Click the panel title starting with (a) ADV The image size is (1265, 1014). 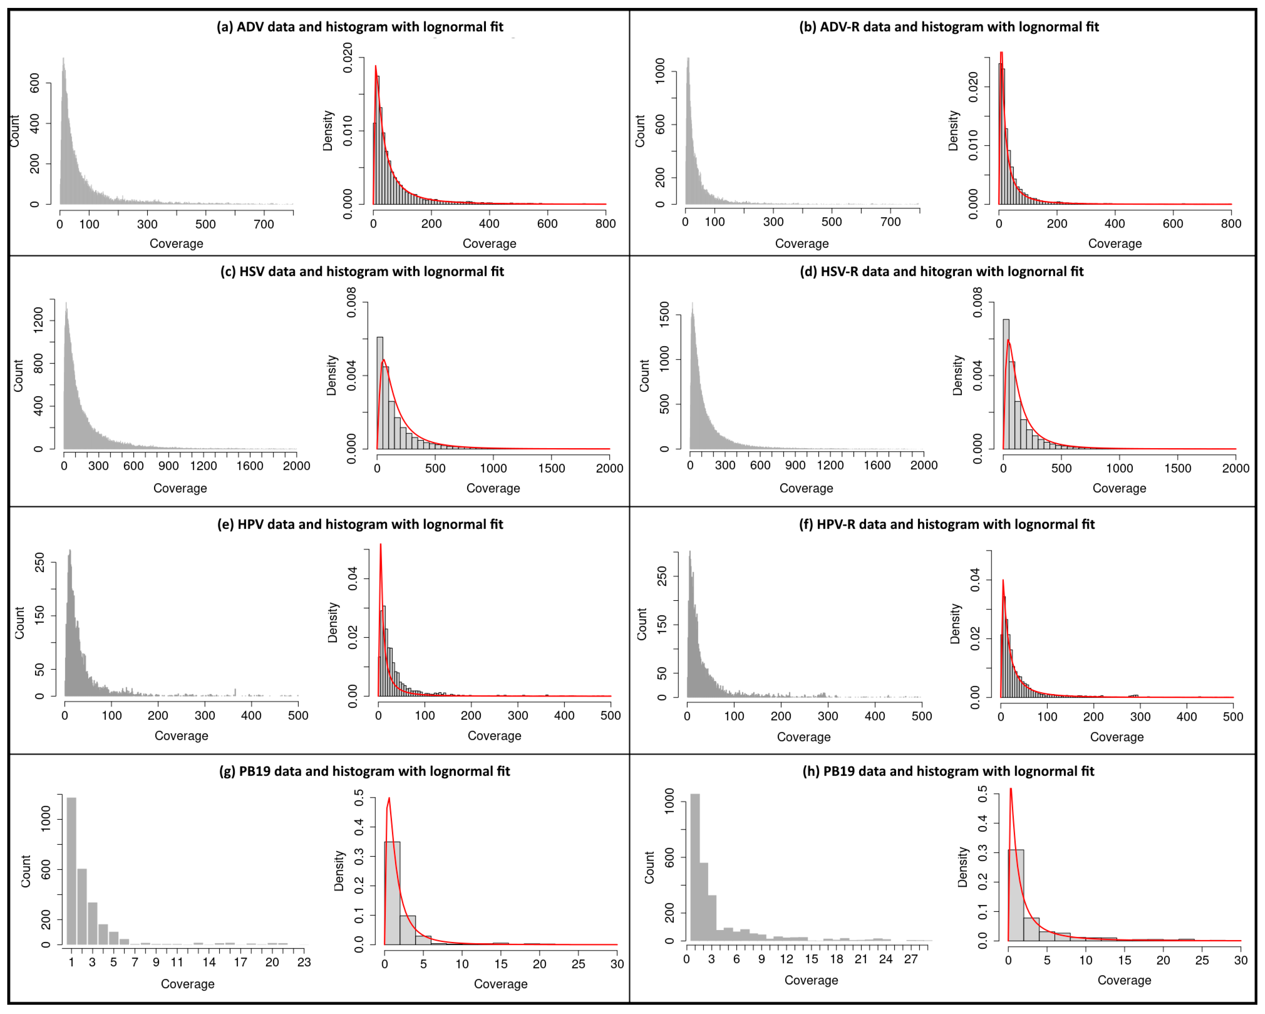pos(360,27)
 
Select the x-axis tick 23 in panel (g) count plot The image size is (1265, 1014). pos(304,962)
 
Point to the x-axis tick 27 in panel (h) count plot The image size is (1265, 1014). pos(911,959)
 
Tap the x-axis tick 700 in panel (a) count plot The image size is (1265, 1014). pos(264,224)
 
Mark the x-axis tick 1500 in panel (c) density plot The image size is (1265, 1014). pos(552,468)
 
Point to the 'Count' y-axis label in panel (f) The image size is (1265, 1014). pos(642,624)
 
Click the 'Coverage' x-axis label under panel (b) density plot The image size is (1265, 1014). pos(1115,244)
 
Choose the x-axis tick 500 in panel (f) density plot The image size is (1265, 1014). pos(1233,717)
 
